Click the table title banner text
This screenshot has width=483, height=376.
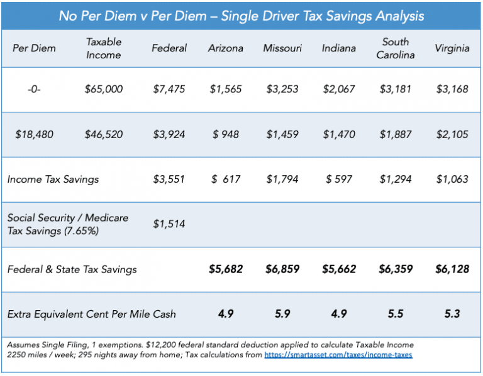tap(241, 15)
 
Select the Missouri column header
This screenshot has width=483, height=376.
tap(282, 48)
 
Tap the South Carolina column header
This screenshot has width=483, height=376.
tap(396, 48)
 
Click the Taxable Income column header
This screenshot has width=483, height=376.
tap(104, 48)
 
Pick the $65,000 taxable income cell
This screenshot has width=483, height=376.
tap(104, 89)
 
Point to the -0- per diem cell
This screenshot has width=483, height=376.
tap(34, 89)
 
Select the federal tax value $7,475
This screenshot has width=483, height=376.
tap(169, 89)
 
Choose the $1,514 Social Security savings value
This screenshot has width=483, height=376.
tap(169, 223)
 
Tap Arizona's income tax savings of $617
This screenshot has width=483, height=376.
tap(226, 179)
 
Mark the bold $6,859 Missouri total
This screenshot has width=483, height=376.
tap(282, 269)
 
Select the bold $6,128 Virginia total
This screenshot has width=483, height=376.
tap(452, 269)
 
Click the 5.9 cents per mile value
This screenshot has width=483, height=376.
tap(282, 314)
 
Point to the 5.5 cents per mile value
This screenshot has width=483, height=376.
tap(396, 314)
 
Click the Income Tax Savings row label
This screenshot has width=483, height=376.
tap(53, 179)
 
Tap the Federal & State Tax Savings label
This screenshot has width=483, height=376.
tap(72, 269)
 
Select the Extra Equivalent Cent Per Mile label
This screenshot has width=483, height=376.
tap(91, 314)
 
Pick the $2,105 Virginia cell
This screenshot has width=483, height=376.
tap(452, 134)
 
